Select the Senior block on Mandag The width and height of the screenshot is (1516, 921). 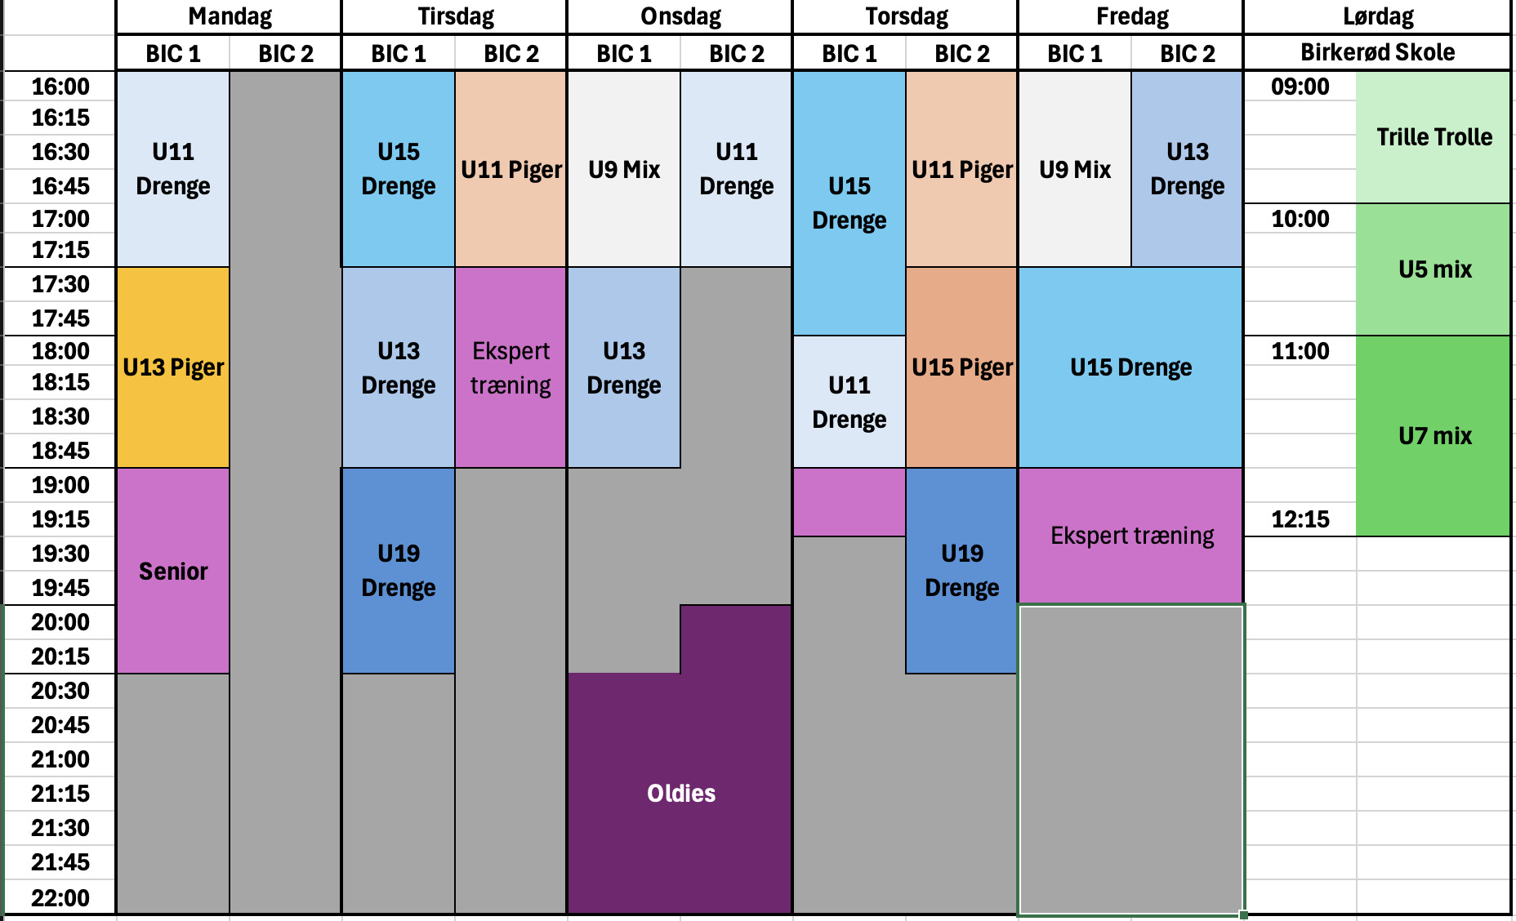click(173, 571)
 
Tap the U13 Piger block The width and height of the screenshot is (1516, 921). click(173, 367)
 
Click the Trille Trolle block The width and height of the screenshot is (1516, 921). click(1434, 137)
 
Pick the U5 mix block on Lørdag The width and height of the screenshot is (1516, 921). click(1434, 269)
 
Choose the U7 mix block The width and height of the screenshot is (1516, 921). click(1434, 436)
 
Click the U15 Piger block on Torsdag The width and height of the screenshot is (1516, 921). click(961, 367)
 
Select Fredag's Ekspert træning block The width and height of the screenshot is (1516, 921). click(1131, 536)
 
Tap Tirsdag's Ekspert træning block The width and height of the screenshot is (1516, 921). click(511, 367)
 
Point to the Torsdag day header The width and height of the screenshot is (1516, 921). click(906, 16)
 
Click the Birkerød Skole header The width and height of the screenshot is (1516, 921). click(1377, 52)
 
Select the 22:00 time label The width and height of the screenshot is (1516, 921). click(60, 898)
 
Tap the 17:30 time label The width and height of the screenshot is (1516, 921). click(60, 284)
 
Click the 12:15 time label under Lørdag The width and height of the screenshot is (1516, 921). click(1300, 519)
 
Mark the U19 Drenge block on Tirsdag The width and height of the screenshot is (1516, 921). click(399, 571)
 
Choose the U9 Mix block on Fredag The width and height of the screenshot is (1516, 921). click(1075, 169)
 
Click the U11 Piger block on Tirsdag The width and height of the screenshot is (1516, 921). click(511, 169)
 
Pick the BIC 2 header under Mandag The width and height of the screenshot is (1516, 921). click(286, 54)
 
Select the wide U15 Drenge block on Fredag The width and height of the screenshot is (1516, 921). click(1131, 367)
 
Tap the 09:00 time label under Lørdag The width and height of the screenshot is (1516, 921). click(1300, 87)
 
